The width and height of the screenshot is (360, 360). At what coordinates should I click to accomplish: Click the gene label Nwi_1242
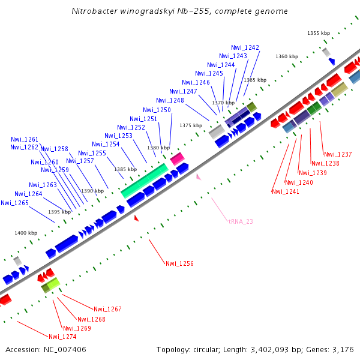[245, 47]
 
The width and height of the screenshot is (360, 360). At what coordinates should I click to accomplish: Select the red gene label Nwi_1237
[337, 154]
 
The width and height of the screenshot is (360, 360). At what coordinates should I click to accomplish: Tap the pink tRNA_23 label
[241, 221]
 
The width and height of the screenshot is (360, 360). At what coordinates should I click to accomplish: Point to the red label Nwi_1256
[179, 263]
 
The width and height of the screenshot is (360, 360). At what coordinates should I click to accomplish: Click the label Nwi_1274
[62, 337]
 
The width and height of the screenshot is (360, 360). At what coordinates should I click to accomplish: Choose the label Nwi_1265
[14, 203]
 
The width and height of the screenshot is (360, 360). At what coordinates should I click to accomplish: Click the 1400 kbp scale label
[26, 233]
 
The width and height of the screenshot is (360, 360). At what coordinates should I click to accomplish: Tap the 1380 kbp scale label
[158, 148]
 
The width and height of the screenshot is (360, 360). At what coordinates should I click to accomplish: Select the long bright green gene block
[144, 181]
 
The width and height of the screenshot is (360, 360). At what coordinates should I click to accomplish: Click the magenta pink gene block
[177, 159]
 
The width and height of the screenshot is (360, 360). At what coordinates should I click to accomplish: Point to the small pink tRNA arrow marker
[198, 176]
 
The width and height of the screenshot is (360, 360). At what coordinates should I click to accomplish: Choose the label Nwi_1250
[157, 110]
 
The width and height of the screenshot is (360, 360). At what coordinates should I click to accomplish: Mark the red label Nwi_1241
[285, 191]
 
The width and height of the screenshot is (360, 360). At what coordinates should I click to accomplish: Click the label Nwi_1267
[107, 309]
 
